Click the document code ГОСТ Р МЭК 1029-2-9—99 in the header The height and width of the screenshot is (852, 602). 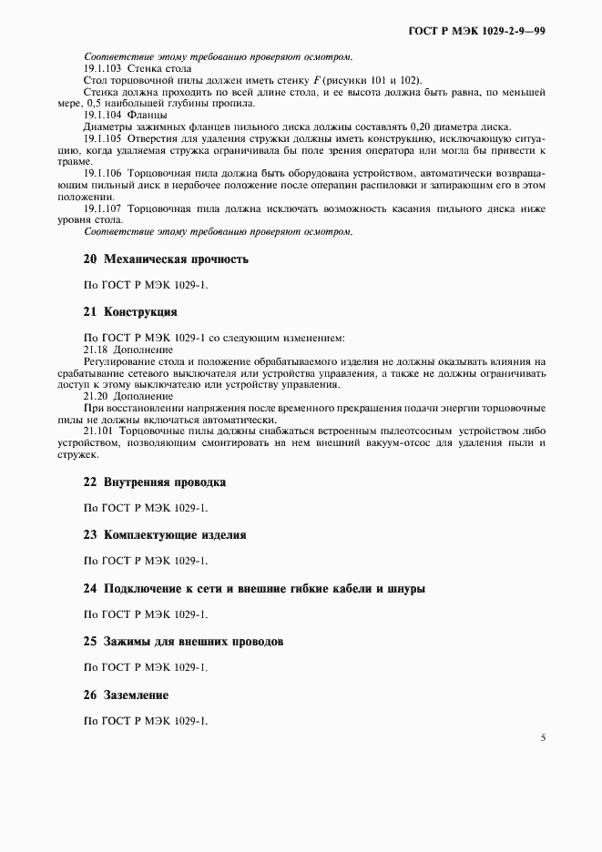[474, 31]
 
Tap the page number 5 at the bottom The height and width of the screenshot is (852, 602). [542, 737]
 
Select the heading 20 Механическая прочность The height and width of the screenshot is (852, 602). [165, 259]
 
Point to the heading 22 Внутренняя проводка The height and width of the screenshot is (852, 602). [154, 482]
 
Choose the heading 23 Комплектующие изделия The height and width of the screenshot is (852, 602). [164, 535]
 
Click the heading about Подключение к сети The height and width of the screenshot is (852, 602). [253, 589]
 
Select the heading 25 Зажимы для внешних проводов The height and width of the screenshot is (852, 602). [183, 642]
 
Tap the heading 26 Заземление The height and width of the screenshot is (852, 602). [126, 695]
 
